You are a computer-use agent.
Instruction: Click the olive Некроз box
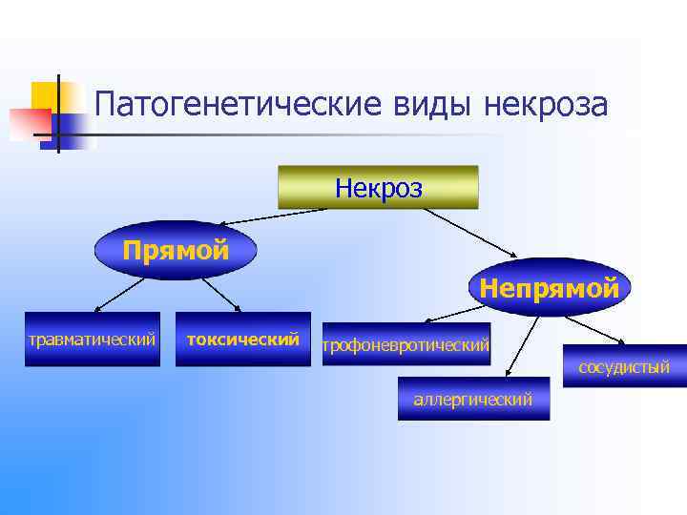pos(378,187)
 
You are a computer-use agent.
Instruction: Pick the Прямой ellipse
pos(177,251)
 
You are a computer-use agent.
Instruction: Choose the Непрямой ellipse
pos(550,287)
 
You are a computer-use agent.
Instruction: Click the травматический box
pos(92,339)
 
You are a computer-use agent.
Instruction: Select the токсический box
pos(243,339)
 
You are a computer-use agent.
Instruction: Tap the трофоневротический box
pos(406,344)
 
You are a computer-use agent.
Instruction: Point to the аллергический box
pos(473,399)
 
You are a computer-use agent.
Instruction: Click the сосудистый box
pos(624,366)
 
